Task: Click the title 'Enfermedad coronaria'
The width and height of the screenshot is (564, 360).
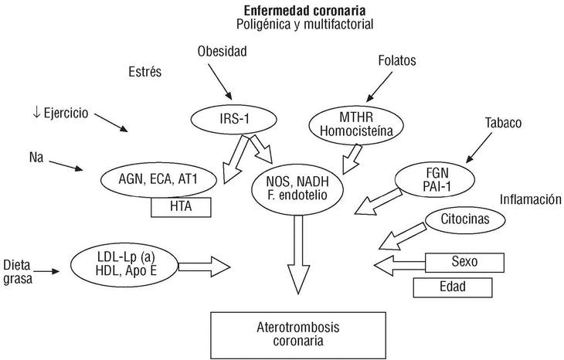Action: point(305,11)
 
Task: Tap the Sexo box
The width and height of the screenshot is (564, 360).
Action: point(464,261)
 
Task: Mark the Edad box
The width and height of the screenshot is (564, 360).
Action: point(452,288)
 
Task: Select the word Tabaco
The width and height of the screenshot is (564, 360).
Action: point(503,123)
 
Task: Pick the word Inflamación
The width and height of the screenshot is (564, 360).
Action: point(528,199)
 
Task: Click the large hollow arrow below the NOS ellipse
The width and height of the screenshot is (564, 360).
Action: point(297,255)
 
